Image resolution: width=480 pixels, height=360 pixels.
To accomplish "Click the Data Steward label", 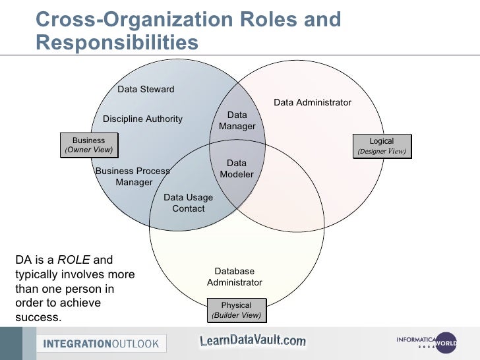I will pos(146,89).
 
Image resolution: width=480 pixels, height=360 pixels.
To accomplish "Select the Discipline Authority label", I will pos(142,119).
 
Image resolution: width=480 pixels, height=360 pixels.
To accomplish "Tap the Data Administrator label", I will pos(313,102).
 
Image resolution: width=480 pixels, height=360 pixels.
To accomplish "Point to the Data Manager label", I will pos(237,121).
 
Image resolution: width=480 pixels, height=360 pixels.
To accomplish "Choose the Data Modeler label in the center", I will pos(237,169).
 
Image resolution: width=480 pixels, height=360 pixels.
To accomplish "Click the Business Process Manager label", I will pos(133,176).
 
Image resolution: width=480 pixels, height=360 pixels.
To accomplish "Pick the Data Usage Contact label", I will pos(188,202).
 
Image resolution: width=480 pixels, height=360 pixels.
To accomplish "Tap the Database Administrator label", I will pos(235,277).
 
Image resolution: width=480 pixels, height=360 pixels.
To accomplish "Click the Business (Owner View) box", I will pos(88,145).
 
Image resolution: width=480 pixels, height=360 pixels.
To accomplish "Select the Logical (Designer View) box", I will pos(381,146).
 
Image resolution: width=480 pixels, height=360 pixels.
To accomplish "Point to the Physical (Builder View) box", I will pos(236,310).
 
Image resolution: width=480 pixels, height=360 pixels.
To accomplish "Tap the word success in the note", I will pos(38,318).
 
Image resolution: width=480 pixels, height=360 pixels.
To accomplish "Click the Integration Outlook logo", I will pos(102,344).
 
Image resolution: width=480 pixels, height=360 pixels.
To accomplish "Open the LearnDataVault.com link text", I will pos(253,341).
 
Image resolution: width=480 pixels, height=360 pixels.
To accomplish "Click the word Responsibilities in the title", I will pos(117,42).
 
